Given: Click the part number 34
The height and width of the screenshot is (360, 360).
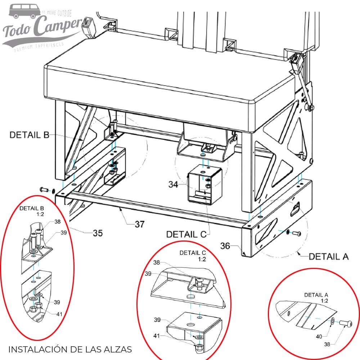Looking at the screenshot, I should tap(173, 184).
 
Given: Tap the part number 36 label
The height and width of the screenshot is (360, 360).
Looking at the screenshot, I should tap(225, 246).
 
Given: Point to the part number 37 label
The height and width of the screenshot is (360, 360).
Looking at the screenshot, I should tap(140, 224).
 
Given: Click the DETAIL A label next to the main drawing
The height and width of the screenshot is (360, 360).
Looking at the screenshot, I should tap(329, 256).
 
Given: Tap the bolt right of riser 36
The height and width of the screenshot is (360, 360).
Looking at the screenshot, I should tap(296, 234).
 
